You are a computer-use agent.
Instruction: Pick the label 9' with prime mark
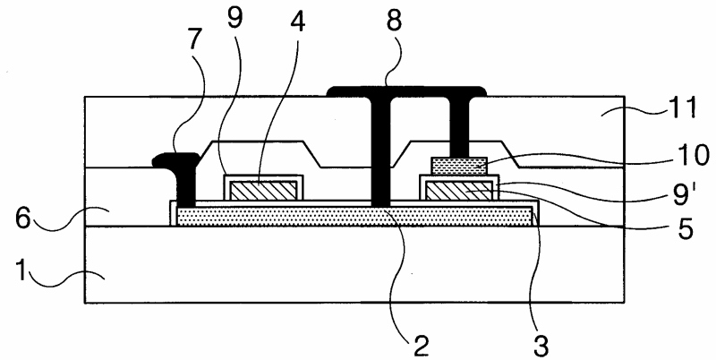pos(682,190)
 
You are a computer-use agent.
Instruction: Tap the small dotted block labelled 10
pos(458,164)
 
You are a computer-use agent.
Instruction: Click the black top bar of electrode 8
pos(407,90)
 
